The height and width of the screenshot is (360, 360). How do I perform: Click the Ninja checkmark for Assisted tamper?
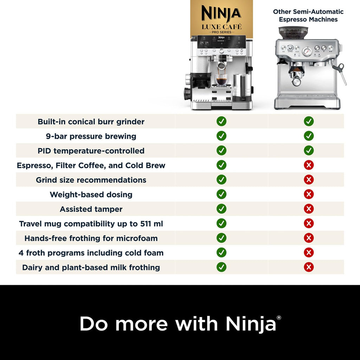pyautogui.click(x=221, y=209)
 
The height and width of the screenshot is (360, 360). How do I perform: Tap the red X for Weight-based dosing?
pyautogui.click(x=309, y=194)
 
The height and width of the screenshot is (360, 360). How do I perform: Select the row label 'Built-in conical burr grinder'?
pyautogui.click(x=91, y=122)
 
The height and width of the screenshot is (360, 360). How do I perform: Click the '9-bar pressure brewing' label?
pyautogui.click(x=91, y=136)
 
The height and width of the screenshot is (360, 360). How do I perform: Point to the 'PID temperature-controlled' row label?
pyautogui.click(x=91, y=151)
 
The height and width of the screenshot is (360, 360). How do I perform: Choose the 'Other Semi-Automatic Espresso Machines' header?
pyautogui.click(x=308, y=15)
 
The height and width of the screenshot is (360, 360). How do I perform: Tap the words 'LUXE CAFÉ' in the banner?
pyautogui.click(x=221, y=26)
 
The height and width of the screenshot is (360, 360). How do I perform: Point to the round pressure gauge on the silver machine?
pyautogui.click(x=307, y=51)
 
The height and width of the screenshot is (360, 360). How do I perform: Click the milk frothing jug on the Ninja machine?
pyautogui.click(x=241, y=85)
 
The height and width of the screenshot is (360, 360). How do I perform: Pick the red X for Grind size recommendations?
pyautogui.click(x=309, y=180)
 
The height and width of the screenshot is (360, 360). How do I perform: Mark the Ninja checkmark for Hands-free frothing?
pyautogui.click(x=221, y=238)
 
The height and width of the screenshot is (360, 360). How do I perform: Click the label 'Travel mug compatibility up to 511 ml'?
pyautogui.click(x=91, y=224)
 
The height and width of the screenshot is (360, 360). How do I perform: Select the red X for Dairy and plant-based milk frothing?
pyautogui.click(x=309, y=267)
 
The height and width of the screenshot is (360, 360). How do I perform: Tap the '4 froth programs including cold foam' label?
pyautogui.click(x=91, y=253)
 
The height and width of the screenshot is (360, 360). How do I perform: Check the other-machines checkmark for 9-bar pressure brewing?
pyautogui.click(x=309, y=136)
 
